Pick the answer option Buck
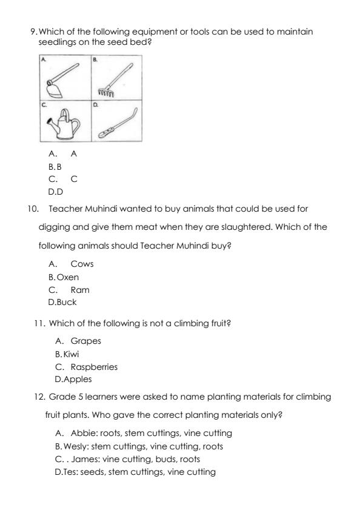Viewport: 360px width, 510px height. click(67, 301)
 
